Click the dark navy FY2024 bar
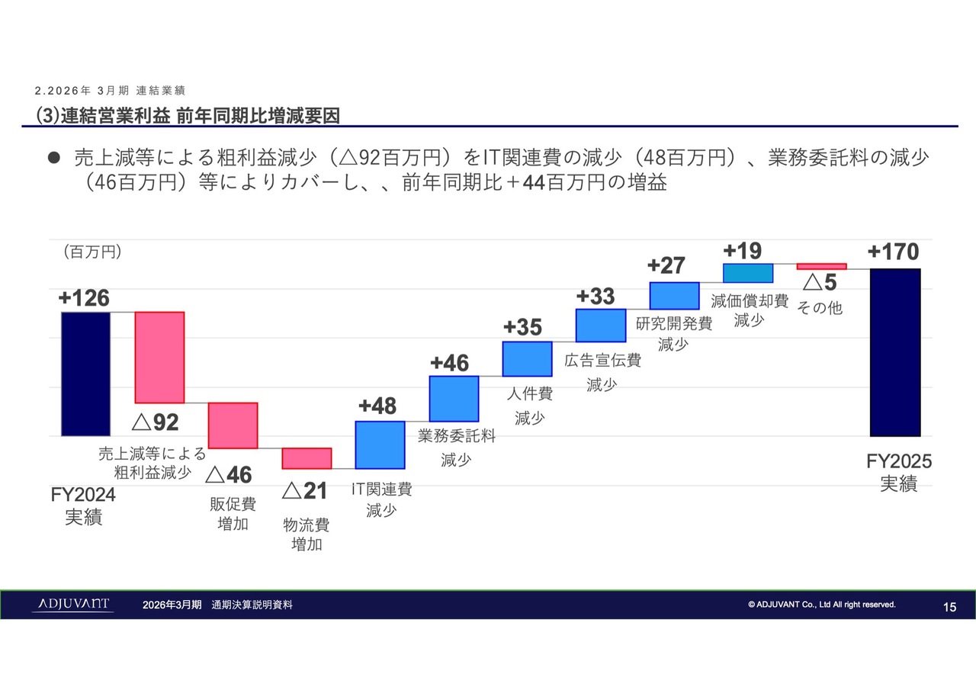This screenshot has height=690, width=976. point(85,374)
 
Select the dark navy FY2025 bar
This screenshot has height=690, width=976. point(895,352)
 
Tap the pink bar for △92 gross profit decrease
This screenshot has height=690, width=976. point(159,357)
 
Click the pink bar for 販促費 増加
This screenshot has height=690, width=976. point(233,425)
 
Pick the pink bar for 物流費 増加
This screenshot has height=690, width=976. point(307,458)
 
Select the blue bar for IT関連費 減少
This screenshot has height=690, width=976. point(380,444)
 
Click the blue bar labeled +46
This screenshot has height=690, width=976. point(454,399)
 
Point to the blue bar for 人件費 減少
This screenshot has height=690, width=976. point(527,358)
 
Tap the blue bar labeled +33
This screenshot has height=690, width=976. point(601,326)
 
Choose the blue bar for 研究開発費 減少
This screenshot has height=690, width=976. point(674,296)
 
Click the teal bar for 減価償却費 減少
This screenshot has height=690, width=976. point(748,273)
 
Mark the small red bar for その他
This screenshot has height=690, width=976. point(821,266)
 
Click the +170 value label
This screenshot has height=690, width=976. point(893,252)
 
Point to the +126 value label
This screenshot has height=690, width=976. point(84,298)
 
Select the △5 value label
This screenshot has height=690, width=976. point(820,283)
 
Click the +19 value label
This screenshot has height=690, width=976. point(742,251)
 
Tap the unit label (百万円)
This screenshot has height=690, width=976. point(91,252)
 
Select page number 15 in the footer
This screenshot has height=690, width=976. point(949,607)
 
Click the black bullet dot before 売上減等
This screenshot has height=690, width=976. point(54,158)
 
